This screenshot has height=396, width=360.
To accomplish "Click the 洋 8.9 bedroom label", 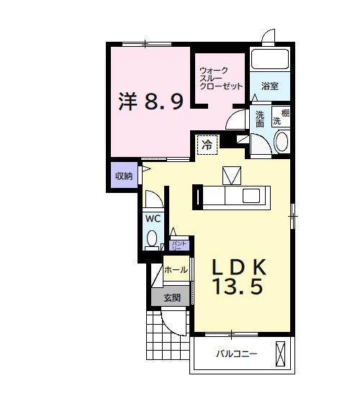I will point(150,101).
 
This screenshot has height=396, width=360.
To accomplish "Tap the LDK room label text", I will point(240,266).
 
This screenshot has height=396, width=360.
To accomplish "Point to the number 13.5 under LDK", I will point(237,287).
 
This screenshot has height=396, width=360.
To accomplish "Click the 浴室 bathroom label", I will point(270,86).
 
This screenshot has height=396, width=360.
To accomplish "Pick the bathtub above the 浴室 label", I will point(269,60).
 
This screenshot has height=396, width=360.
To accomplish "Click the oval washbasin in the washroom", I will point(282,140).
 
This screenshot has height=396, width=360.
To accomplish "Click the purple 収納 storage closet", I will point(124,176).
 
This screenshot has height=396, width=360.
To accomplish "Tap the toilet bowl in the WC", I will point(153,238).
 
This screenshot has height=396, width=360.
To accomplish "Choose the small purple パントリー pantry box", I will point(181,245).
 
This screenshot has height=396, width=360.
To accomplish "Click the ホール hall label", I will point(176,270).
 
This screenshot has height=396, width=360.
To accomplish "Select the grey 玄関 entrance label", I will point(171,297).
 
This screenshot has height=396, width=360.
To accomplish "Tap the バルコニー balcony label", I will point(238,354).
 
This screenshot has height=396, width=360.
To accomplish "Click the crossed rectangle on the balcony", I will point(282,353).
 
